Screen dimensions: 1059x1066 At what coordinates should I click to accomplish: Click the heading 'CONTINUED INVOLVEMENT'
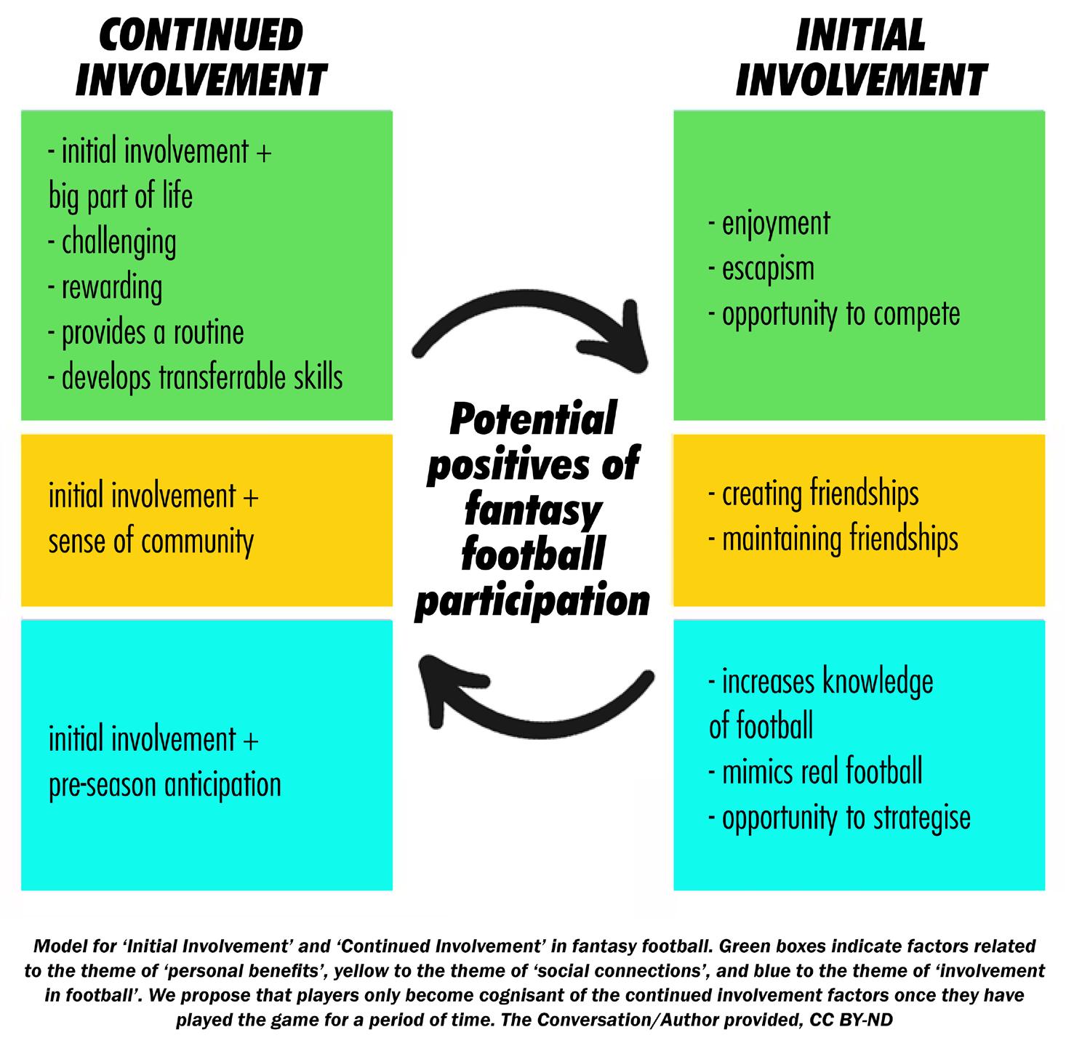coord(201,58)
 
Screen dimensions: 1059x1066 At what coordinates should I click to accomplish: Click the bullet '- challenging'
coord(112,243)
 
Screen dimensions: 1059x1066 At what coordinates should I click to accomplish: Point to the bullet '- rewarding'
coord(105,288)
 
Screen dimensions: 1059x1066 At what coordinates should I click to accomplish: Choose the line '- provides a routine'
coord(145,333)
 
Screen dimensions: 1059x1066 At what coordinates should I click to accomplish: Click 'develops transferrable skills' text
coord(201,378)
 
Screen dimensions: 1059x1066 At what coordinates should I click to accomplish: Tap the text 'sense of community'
coord(151,541)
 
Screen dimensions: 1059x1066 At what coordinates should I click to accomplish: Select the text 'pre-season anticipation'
coord(165,785)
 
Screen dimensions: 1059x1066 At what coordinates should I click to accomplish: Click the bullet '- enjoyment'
coord(769,223)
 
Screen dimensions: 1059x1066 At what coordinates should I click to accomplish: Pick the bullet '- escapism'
coord(761,268)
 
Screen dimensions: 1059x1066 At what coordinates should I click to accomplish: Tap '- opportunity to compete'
coord(834,314)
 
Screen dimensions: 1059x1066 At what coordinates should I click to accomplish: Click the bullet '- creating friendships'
coord(814,494)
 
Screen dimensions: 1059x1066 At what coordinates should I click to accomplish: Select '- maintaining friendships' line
coord(833,539)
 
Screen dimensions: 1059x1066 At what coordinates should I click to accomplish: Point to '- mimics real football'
coord(815,771)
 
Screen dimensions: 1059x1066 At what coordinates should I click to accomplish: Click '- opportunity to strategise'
coord(839,818)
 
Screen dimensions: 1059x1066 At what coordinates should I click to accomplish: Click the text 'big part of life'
coord(121,197)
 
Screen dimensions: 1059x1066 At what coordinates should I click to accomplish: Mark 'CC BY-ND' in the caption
coord(851,1020)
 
